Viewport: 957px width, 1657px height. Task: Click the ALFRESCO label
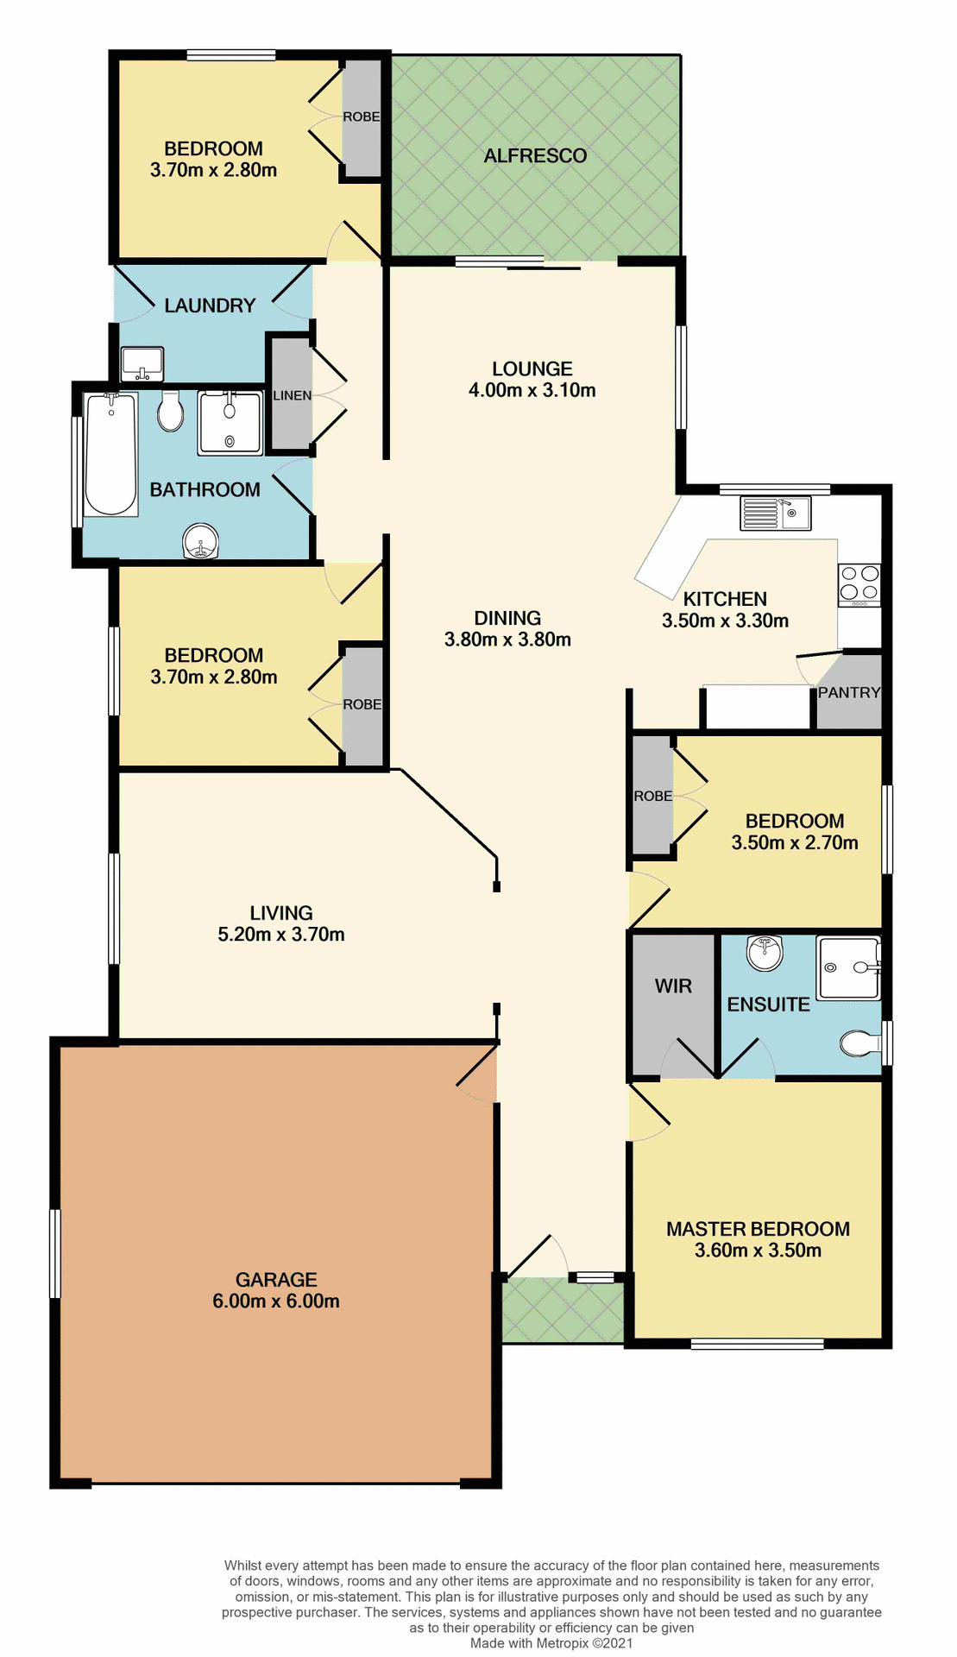point(535,156)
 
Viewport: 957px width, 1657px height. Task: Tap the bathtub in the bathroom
point(110,454)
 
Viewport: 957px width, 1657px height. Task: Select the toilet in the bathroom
point(171,413)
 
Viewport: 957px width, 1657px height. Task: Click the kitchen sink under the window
point(775,513)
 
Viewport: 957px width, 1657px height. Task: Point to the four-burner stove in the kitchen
point(859,583)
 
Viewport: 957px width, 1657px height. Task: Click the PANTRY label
point(849,693)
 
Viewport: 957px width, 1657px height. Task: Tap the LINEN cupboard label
point(292,396)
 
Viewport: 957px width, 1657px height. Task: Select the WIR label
point(673,986)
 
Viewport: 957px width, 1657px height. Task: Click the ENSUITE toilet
point(859,1043)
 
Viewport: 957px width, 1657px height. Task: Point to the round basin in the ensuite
point(765,952)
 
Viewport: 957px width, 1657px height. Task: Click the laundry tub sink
point(142,363)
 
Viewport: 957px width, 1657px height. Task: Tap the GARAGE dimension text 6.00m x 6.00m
point(276,1301)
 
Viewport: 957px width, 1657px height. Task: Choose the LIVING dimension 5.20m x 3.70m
point(281,935)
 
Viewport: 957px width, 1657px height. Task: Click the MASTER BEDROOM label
point(758,1229)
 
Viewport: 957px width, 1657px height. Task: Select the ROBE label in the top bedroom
point(361,117)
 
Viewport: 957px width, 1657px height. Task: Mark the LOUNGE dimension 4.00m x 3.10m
point(532,391)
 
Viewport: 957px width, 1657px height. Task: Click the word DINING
point(507,619)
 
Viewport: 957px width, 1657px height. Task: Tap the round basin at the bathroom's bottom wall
point(201,543)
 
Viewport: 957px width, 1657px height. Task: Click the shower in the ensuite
point(847,967)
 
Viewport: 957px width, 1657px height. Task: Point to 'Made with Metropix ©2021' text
point(551,1643)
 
